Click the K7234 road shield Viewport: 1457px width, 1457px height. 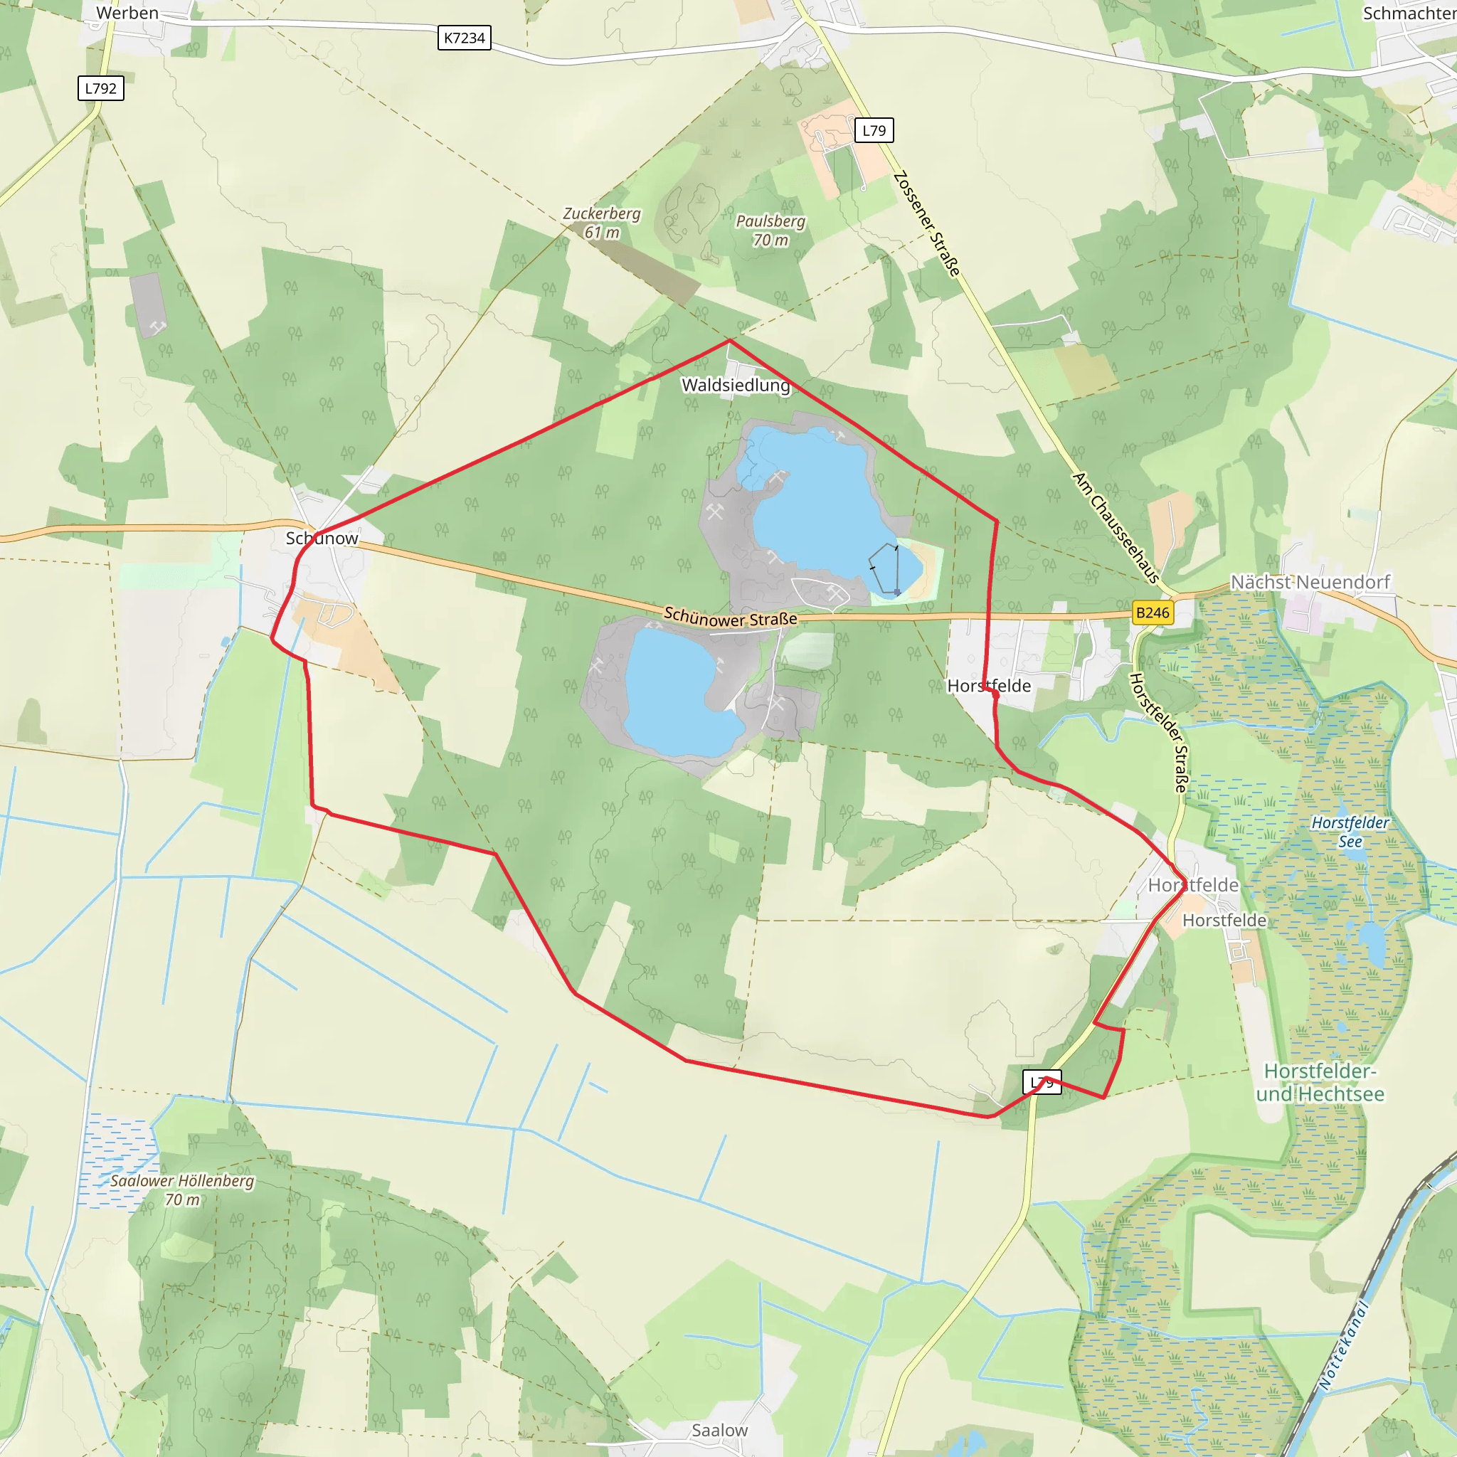(x=464, y=38)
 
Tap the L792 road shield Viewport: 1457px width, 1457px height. (x=100, y=88)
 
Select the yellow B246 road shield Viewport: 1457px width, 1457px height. (x=1152, y=613)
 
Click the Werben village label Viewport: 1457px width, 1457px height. (x=127, y=13)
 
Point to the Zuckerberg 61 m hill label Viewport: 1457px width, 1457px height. (x=602, y=223)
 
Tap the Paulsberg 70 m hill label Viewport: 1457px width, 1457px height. (x=770, y=230)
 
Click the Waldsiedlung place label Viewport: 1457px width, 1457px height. (x=736, y=386)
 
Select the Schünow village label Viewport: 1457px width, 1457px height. (x=322, y=539)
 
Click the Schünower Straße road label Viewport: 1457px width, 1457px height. (x=730, y=618)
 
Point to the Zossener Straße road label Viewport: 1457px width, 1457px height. (x=927, y=224)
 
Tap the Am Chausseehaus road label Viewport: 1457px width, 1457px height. (x=1116, y=527)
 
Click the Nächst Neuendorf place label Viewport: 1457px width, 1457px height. (x=1310, y=582)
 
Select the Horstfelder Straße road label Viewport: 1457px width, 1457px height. (x=1157, y=732)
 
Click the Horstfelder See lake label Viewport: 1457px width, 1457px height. (x=1350, y=832)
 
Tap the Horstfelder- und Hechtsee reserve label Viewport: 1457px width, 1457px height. (x=1320, y=1082)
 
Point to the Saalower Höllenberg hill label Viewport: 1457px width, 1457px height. (x=183, y=1190)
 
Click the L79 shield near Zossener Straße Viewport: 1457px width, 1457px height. (x=874, y=130)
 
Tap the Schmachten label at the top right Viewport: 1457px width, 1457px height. (x=1409, y=13)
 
